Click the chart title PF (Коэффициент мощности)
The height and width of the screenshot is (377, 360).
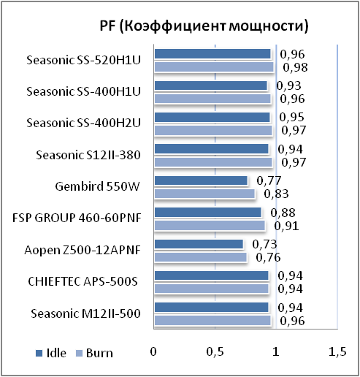[204, 26]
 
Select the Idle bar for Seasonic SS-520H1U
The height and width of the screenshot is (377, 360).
[212, 54]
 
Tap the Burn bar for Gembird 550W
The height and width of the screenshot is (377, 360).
[204, 194]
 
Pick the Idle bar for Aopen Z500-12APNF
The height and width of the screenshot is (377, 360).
[199, 244]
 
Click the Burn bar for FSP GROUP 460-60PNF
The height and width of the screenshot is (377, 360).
[210, 226]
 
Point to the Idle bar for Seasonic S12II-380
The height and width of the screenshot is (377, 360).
[212, 149]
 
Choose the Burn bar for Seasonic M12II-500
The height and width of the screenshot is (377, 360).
[212, 321]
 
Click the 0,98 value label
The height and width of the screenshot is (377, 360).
[295, 67]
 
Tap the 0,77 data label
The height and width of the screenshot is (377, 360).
[269, 180]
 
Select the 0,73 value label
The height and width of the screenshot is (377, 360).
[264, 244]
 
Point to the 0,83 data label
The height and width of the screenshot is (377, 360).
[276, 194]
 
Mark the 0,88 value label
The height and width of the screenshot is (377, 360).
[283, 213]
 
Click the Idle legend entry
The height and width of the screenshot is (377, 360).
[51, 353]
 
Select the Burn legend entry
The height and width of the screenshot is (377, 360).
[94, 353]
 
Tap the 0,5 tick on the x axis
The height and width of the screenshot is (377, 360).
[215, 351]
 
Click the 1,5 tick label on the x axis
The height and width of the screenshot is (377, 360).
[337, 351]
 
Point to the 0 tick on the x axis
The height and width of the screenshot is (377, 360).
[153, 351]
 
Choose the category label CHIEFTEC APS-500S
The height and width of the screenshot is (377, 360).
[83, 281]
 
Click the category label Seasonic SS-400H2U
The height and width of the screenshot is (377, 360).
[83, 123]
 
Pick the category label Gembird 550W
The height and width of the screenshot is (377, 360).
[97, 186]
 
